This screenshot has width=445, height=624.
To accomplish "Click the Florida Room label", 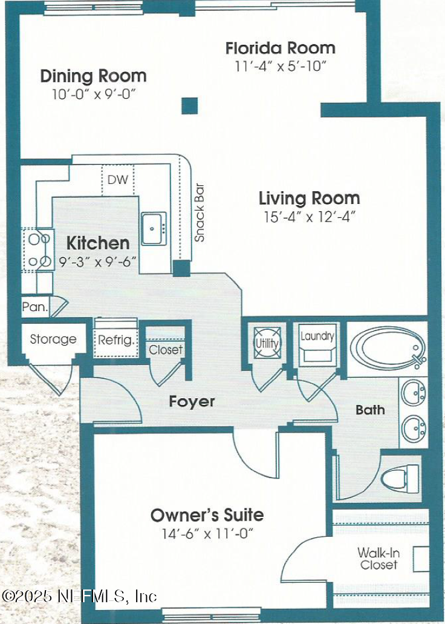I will point(280,48).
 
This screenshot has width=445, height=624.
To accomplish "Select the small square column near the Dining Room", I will point(190,105).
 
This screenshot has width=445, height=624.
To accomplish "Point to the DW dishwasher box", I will point(117,180).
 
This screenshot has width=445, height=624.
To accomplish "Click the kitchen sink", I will point(154,229).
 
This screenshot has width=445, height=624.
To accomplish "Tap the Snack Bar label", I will point(199,212).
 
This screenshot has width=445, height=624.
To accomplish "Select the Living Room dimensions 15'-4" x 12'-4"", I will point(309,217).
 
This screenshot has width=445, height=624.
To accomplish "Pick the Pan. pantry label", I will point(34,307).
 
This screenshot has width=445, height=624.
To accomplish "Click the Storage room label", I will point(53,340).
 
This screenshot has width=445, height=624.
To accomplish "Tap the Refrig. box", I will point(117,340).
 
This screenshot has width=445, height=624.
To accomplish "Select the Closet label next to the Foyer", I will point(165,350).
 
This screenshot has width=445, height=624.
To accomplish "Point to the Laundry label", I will point(317,337).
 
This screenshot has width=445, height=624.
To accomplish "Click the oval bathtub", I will point(387,349).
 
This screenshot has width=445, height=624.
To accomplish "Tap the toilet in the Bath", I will point(400,478).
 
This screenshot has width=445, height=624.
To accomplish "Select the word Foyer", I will point(192,401).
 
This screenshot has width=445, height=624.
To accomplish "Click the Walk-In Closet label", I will point(378,559).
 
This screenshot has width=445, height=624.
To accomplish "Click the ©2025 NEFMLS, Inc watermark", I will point(79,596).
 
